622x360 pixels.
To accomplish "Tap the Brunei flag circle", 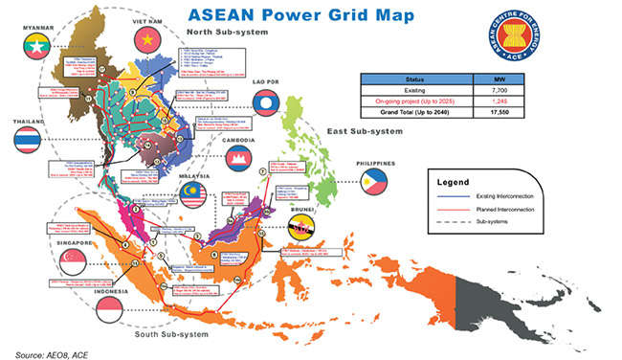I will pyautogui.click(x=300, y=231).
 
